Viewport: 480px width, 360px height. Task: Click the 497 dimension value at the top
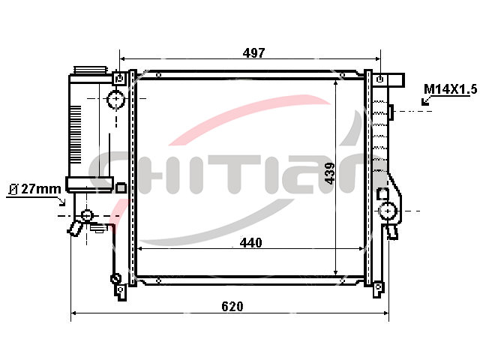click(253, 53)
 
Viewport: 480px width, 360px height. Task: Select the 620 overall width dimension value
click(232, 307)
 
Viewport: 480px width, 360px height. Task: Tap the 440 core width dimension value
click(251, 243)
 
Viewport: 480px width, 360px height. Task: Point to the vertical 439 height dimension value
click(330, 173)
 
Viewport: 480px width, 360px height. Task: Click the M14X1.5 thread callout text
click(451, 89)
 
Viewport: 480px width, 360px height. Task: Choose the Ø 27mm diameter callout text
click(35, 189)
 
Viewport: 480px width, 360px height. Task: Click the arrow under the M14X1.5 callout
click(426, 100)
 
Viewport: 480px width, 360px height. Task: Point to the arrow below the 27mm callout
click(61, 201)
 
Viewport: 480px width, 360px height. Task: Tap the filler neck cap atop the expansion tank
click(91, 70)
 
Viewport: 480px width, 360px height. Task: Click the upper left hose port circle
click(116, 99)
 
